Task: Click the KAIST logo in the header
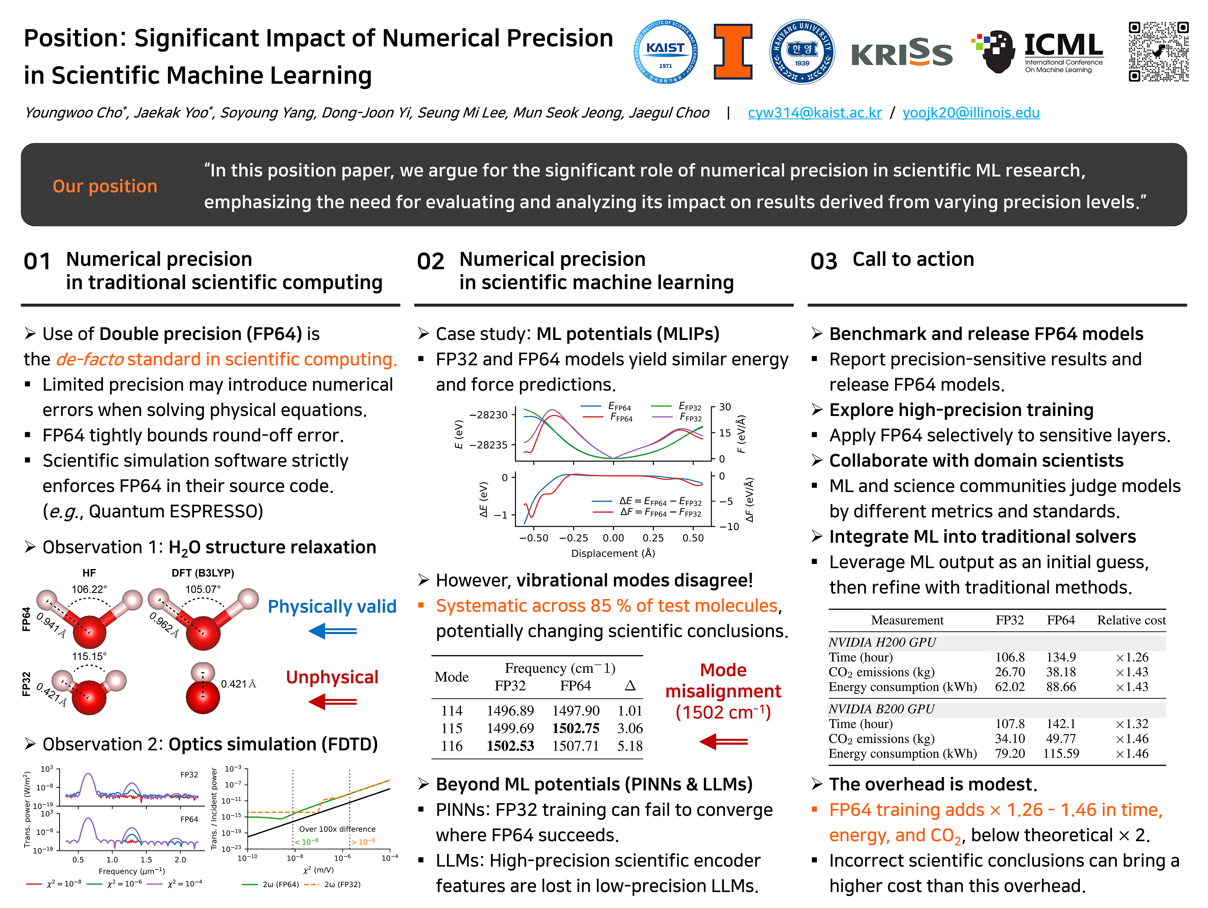pyautogui.click(x=665, y=52)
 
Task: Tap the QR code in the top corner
pyautogui.click(x=1158, y=52)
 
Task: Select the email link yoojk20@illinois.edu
pyautogui.click(x=970, y=113)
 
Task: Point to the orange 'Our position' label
pyautogui.click(x=105, y=186)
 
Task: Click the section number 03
pyautogui.click(x=824, y=262)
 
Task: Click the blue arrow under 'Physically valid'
pyautogui.click(x=333, y=632)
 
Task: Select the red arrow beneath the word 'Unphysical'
pyautogui.click(x=333, y=702)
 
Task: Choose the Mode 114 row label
pyautogui.click(x=452, y=711)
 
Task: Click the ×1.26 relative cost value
pyautogui.click(x=1132, y=657)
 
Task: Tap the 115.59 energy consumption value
pyautogui.click(x=1061, y=754)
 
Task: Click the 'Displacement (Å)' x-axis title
pyautogui.click(x=613, y=553)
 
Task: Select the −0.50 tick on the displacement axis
pyautogui.click(x=534, y=538)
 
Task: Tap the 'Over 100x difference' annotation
pyautogui.click(x=337, y=829)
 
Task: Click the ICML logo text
pyautogui.click(x=1063, y=45)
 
